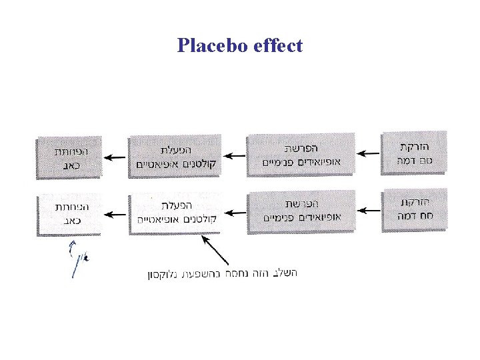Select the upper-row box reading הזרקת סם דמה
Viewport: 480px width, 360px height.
413,153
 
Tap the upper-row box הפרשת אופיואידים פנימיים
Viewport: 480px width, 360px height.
301,155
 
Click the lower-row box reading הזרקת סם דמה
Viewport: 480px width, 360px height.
413,209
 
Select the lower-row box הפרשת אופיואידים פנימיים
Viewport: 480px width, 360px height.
301,212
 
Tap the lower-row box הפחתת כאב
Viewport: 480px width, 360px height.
69,213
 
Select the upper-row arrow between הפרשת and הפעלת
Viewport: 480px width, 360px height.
234,156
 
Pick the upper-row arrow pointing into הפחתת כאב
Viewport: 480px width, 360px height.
116,156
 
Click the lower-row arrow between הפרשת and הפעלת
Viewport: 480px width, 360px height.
234,214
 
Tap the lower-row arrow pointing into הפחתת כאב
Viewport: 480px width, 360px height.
116,214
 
